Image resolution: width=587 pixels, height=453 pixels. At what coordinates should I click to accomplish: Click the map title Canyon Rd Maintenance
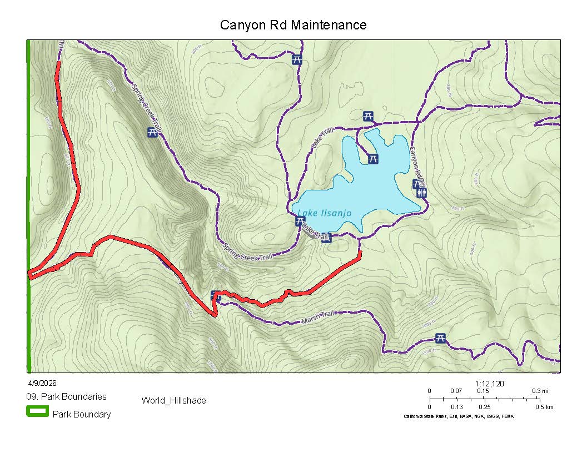point(293,25)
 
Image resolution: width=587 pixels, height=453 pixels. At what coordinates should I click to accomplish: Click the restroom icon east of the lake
point(424,193)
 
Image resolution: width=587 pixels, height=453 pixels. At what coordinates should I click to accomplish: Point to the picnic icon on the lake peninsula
point(373,159)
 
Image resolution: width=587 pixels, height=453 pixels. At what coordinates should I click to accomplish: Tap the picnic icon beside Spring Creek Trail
point(152,132)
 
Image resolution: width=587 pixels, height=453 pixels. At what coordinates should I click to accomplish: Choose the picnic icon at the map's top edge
point(297,59)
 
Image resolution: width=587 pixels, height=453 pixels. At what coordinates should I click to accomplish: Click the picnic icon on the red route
point(216,296)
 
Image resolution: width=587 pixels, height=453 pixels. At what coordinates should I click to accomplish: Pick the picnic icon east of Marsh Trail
point(440,338)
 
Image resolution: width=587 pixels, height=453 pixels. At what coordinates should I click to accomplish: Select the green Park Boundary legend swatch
point(37,411)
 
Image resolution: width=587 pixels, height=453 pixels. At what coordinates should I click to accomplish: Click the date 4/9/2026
point(42,383)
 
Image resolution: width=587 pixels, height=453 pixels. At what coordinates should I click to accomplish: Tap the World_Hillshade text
point(173,400)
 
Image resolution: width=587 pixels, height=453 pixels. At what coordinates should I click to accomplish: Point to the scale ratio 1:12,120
point(490,384)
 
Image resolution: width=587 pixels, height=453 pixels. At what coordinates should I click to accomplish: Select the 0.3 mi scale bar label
point(541,391)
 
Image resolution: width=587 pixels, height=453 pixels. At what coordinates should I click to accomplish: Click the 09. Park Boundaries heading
point(66,397)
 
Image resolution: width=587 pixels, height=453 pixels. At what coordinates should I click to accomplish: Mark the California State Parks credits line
point(458,416)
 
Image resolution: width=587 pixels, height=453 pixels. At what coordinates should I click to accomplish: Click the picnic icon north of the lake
point(367,116)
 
